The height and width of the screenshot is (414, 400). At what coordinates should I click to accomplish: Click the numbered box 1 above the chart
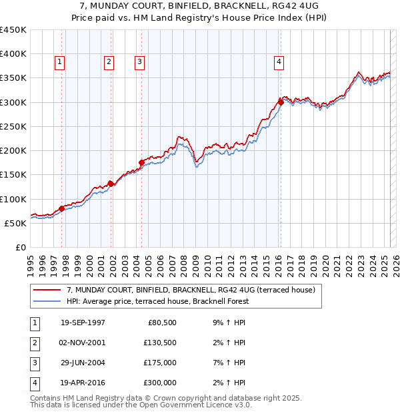[60, 63]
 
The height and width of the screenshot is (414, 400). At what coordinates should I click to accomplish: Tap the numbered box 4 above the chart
[279, 63]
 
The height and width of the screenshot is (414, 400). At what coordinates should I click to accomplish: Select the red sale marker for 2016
[281, 102]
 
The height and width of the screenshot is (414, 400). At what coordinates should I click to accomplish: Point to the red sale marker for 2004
[141, 162]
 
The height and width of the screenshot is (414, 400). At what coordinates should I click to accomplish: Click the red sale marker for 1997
[62, 208]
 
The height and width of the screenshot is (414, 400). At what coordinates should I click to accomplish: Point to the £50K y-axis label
[16, 223]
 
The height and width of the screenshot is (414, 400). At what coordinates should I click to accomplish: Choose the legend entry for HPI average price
[157, 301]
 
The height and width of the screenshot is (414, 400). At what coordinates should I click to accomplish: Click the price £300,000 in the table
[161, 383]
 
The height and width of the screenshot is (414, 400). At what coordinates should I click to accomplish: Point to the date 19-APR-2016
[83, 383]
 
